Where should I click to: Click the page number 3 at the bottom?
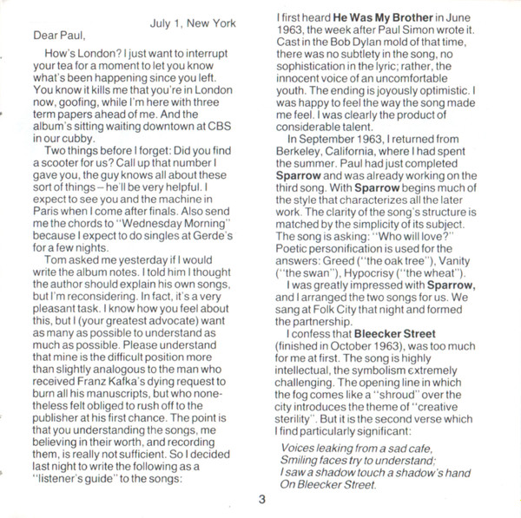pos(259,499)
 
